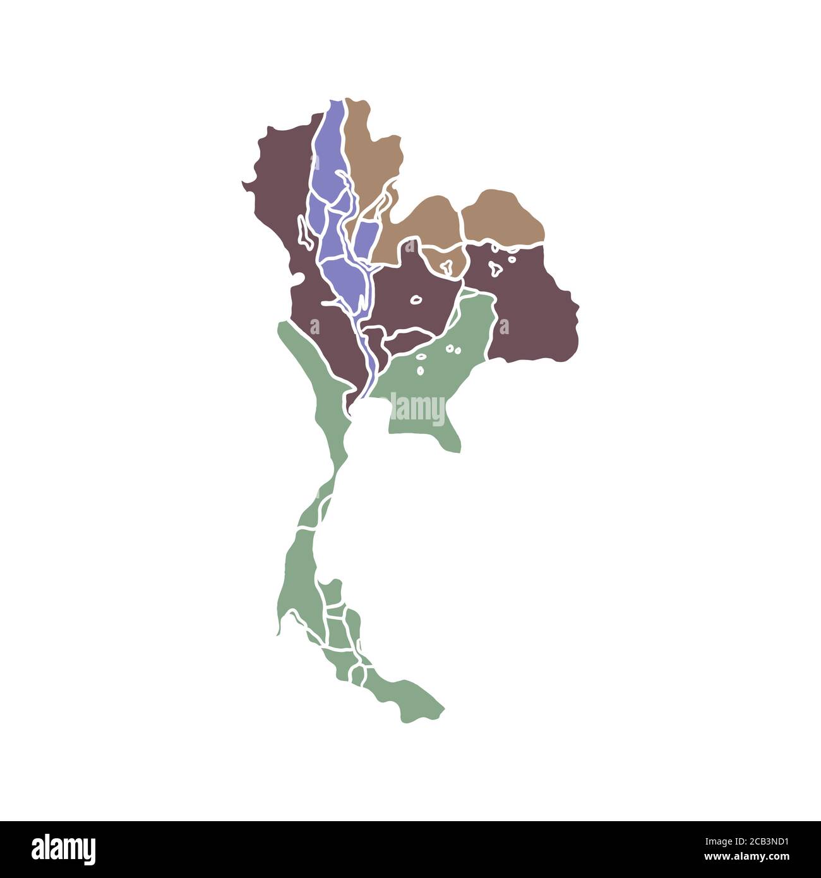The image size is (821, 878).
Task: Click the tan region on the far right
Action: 501,215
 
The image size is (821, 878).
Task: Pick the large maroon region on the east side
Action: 537,303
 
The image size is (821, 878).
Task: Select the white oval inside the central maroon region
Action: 416,300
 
